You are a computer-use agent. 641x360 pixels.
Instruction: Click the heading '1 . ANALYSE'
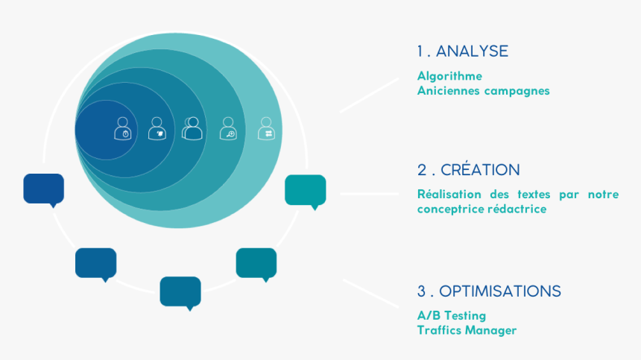coord(462,51)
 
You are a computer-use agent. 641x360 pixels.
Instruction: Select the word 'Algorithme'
coord(449,76)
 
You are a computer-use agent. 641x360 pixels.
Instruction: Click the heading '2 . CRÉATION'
coord(468,170)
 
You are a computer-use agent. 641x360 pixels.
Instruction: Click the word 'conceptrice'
coord(450,209)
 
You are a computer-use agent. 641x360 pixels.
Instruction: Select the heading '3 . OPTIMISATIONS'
coord(489,291)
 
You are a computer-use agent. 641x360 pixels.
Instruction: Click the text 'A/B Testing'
coord(451,315)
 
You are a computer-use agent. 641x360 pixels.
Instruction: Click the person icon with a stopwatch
coord(122,129)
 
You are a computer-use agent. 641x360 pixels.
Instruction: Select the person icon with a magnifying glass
coord(228,129)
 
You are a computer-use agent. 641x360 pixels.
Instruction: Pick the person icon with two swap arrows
coord(266,128)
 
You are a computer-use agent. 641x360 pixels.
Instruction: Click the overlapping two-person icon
coord(192,128)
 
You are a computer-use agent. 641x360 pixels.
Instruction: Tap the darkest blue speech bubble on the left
coord(44,189)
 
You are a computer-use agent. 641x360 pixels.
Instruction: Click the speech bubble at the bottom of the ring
coord(180,292)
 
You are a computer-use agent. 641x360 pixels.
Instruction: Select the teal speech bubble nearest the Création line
coord(306,191)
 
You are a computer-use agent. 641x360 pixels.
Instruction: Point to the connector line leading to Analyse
coord(369,95)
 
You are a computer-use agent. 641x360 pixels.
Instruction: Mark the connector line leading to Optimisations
coord(370,293)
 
